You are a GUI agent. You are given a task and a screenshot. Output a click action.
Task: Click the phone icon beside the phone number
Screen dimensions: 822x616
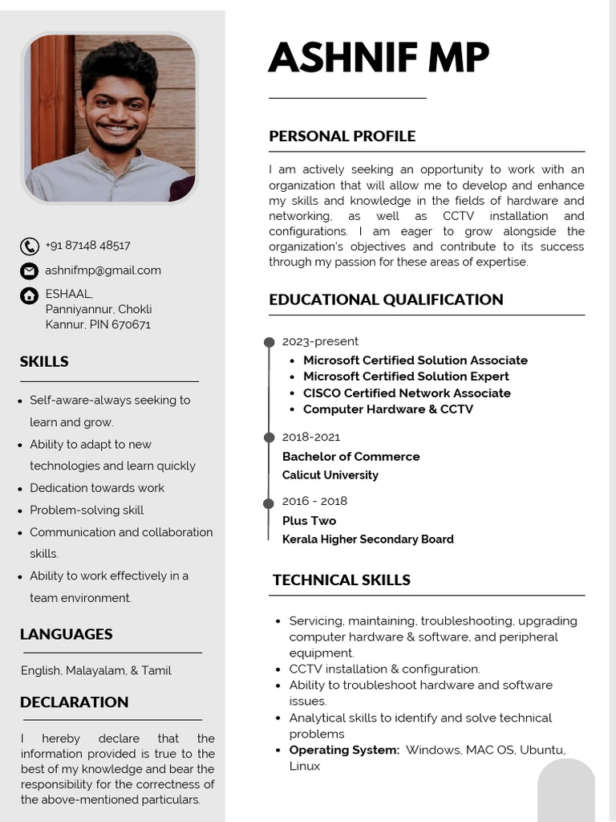[x=30, y=246]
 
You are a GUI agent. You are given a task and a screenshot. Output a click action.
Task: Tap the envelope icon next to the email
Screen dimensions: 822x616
[x=30, y=271]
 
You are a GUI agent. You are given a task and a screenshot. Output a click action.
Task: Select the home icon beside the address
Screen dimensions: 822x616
[x=30, y=295]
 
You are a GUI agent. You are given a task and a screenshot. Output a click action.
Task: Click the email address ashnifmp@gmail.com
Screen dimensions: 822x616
[x=103, y=271]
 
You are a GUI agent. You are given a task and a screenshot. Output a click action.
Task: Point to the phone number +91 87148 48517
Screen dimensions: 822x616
[x=87, y=246]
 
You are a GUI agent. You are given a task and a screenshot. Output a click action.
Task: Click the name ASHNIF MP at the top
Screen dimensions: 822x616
[x=379, y=58]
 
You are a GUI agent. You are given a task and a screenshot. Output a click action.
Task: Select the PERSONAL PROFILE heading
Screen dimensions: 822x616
[x=342, y=136]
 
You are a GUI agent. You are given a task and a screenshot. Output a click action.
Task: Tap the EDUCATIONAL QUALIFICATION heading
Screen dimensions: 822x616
[x=386, y=300]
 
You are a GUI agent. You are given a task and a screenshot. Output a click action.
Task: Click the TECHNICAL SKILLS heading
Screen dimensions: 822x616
[x=341, y=580]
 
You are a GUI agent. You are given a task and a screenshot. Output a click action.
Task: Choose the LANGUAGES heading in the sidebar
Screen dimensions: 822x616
[x=66, y=634]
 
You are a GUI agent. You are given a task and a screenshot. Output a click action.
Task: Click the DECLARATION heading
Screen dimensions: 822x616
[x=74, y=702]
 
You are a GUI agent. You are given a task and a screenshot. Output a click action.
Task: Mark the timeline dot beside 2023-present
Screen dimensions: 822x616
[x=269, y=343]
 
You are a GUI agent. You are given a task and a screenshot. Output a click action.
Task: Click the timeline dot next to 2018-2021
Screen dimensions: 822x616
[x=269, y=437]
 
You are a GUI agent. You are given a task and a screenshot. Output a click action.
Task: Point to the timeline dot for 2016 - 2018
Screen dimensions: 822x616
[x=269, y=503]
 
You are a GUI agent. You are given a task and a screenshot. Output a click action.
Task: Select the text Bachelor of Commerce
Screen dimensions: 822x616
[x=351, y=457]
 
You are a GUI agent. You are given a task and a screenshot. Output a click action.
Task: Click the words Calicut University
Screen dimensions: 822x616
[x=330, y=475]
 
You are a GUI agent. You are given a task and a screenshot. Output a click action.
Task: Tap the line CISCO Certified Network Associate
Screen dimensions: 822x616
[x=407, y=393]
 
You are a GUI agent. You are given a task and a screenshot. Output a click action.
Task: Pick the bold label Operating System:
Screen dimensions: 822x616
[x=344, y=750]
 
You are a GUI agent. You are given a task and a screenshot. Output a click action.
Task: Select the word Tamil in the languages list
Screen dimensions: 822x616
[x=156, y=670]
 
